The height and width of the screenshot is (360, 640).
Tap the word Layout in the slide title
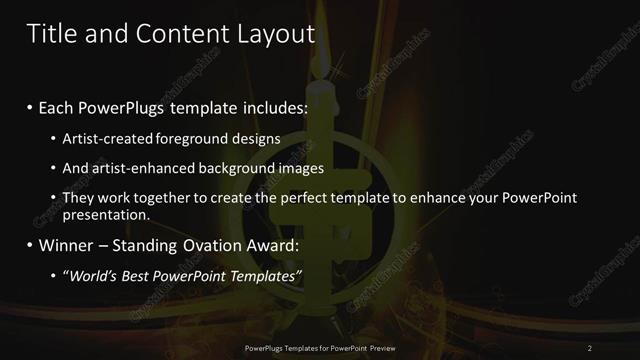pyautogui.click(x=275, y=35)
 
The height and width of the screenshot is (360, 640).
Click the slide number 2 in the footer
pyautogui.click(x=590, y=347)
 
